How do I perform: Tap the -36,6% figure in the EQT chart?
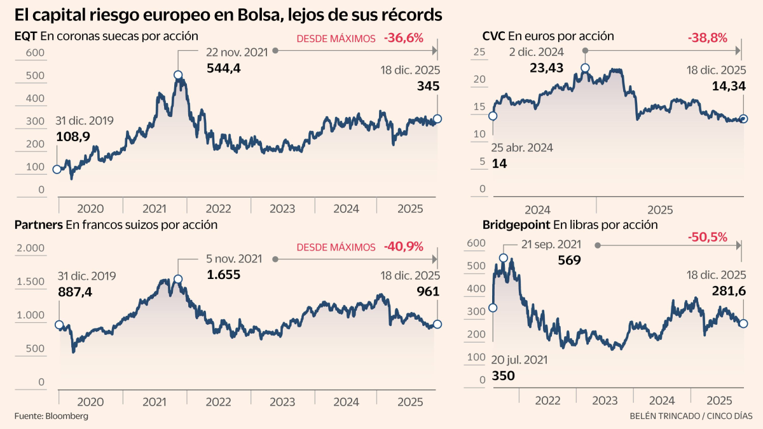[x=403, y=38]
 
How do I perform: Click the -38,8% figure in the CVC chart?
[x=707, y=38]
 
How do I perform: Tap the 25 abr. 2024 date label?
[x=521, y=147]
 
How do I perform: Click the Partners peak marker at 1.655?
[x=178, y=279]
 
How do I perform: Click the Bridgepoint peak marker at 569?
[x=504, y=258]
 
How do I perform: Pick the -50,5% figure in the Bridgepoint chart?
[x=707, y=237]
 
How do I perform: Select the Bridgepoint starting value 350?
[x=503, y=376]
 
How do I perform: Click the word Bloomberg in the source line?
[x=66, y=416]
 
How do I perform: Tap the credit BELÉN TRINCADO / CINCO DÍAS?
[x=691, y=416]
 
